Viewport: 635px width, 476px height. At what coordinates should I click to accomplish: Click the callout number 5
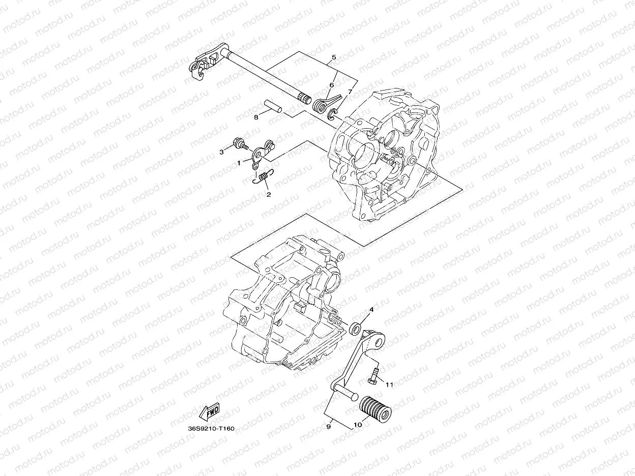pos(333,57)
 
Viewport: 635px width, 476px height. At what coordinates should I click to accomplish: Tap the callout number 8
pos(256,117)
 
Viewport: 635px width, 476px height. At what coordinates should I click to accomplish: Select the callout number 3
pos(222,152)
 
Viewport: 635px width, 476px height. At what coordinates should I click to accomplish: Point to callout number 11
pos(389,385)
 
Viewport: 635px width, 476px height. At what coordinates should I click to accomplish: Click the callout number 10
pos(357,425)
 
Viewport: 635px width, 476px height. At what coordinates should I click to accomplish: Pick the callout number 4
pos(371,309)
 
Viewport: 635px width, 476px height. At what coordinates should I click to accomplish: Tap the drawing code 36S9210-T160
pos(211,429)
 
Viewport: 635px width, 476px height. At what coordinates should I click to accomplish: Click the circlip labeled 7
pos(333,114)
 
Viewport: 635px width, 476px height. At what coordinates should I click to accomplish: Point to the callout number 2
pos(269,194)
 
